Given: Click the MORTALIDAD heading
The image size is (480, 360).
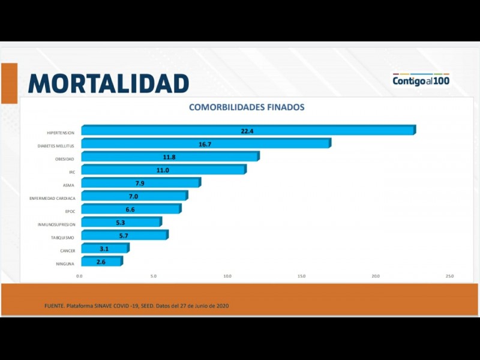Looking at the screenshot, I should [109, 83].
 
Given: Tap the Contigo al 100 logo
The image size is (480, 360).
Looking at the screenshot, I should [421, 80].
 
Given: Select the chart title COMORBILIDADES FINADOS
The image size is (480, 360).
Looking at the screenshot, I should [247, 107].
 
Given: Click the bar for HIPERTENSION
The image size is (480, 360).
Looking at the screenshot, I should [248, 130].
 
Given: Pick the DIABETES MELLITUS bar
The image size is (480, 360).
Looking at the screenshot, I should [205, 144].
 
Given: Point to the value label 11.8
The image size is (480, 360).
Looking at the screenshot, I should [169, 157].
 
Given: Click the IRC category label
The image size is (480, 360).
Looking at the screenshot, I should [71, 172].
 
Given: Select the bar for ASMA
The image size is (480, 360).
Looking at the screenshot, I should [140, 183].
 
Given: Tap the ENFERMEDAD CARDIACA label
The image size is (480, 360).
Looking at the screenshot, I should [52, 198].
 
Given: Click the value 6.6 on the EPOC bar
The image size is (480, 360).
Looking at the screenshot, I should [130, 209].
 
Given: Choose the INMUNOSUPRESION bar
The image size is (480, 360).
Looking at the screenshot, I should [121, 223].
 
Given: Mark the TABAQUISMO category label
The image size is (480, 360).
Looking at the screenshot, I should [62, 238].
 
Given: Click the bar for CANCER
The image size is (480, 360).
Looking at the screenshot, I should [104, 248].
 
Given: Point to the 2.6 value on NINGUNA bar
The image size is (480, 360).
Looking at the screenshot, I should [101, 262].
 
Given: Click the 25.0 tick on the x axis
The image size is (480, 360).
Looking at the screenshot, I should [449, 276].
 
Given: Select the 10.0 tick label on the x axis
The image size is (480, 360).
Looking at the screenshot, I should [227, 276].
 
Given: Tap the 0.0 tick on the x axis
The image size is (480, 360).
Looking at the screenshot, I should [80, 276].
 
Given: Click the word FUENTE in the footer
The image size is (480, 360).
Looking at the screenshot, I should [54, 306].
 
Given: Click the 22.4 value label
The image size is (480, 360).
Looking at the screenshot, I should [248, 131].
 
